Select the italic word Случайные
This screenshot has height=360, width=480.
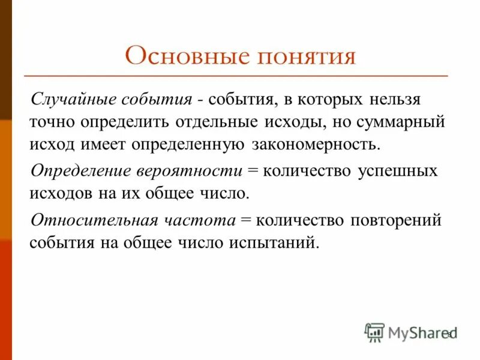click(75, 98)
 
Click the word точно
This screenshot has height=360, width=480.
click(54, 121)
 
